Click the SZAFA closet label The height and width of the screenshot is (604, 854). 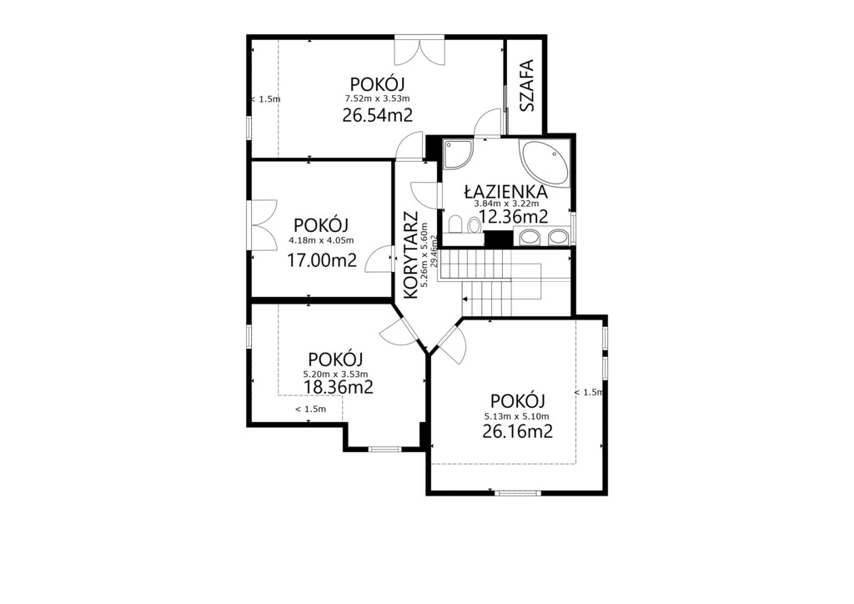click(x=527, y=85)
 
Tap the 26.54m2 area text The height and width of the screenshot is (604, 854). click(x=377, y=115)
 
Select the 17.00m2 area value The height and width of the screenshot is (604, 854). click(x=322, y=261)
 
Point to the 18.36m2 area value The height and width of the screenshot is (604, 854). click(x=339, y=387)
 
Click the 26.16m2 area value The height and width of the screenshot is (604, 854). click(x=517, y=432)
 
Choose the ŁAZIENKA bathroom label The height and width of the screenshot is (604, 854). click(x=505, y=192)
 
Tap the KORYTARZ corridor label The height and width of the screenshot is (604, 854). click(x=411, y=255)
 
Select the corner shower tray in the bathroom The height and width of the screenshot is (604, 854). click(x=458, y=154)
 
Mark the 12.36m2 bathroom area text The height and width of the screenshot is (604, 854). click(x=513, y=217)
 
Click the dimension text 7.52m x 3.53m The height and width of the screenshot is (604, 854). click(x=377, y=98)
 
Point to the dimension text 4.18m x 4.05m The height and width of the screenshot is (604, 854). click(x=321, y=240)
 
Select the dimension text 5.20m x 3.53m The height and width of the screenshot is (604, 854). click(x=335, y=375)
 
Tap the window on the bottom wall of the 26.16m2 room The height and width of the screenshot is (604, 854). click(x=518, y=493)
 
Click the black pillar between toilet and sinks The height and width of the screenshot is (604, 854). click(x=499, y=239)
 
